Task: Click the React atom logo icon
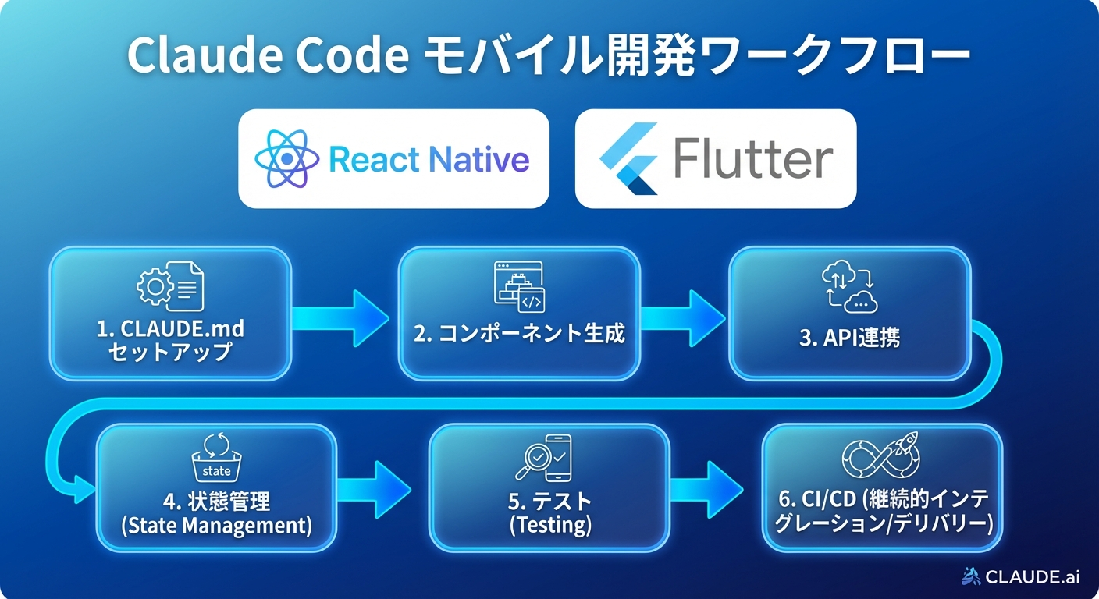tap(287, 159)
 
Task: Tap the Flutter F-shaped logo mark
tap(629, 158)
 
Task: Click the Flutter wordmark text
tap(752, 159)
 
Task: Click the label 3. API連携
tap(850, 338)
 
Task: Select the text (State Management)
tap(216, 526)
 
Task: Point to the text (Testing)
tap(550, 526)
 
